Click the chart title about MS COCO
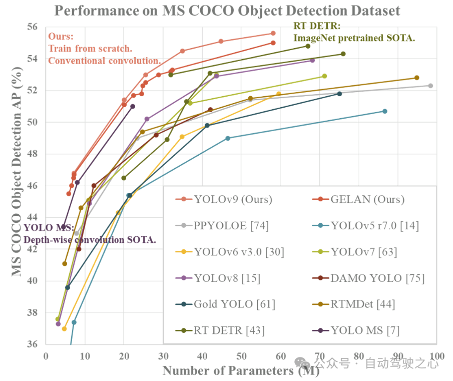point(227,11)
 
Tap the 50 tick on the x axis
point(241,354)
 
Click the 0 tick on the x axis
point(46,354)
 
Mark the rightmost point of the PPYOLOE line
point(430,86)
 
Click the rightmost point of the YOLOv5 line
point(385,111)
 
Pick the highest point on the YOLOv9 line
point(273,33)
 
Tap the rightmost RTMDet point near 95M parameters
point(416,78)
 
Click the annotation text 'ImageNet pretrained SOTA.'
point(354,38)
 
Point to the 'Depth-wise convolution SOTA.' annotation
point(90,239)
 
